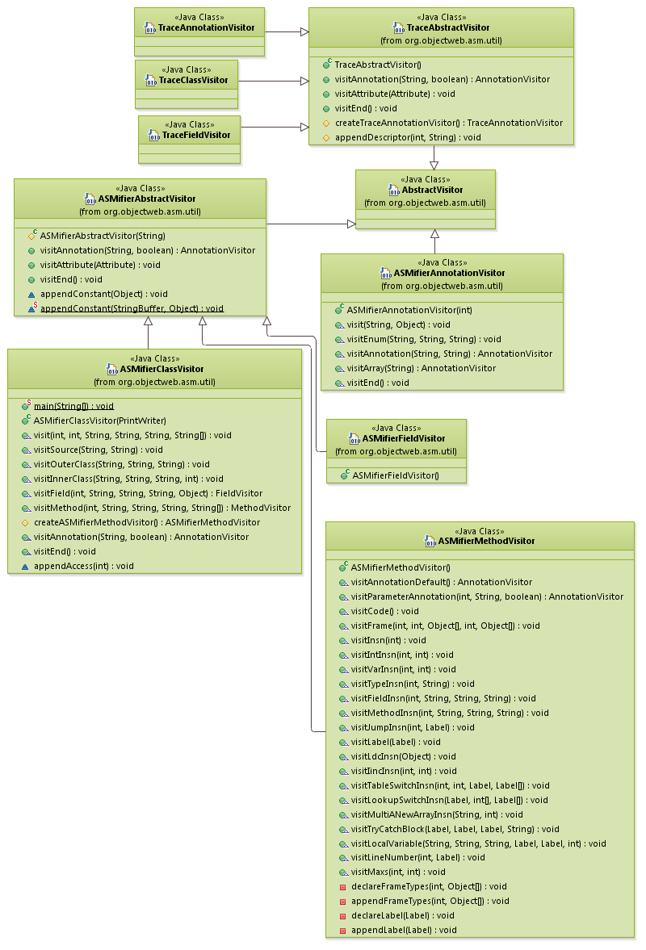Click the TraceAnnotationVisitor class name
[206, 27]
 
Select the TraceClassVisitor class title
[193, 80]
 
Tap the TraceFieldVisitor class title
[196, 135]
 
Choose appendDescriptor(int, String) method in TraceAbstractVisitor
[408, 137]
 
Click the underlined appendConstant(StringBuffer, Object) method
[132, 308]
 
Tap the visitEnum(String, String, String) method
[424, 339]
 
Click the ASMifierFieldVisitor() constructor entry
[395, 475]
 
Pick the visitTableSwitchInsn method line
[450, 785]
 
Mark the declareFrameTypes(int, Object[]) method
[429, 886]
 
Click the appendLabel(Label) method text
[404, 930]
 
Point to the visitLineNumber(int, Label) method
[417, 857]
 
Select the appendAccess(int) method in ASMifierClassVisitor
[83, 566]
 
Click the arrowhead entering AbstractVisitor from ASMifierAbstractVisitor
[351, 224]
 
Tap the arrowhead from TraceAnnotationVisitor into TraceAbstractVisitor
[304, 31]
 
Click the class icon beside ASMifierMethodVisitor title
[430, 542]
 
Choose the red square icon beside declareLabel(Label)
[342, 915]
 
